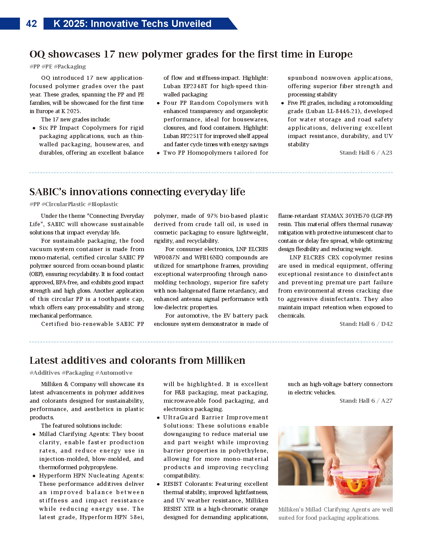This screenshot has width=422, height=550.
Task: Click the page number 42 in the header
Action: pos(31,24)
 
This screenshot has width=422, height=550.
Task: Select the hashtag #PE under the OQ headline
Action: pos(47,67)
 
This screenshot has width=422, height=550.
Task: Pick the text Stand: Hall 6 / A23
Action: pos(366,153)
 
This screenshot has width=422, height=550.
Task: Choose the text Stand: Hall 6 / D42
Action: pos(366,324)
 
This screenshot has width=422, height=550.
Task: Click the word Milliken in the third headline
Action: pos(225,360)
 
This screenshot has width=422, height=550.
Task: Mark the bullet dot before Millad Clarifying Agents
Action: pos(34,434)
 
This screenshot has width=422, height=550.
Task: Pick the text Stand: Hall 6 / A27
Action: pos(366,401)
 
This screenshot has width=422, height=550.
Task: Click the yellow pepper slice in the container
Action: pos(355,485)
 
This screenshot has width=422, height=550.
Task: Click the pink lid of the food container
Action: pos(354,472)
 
